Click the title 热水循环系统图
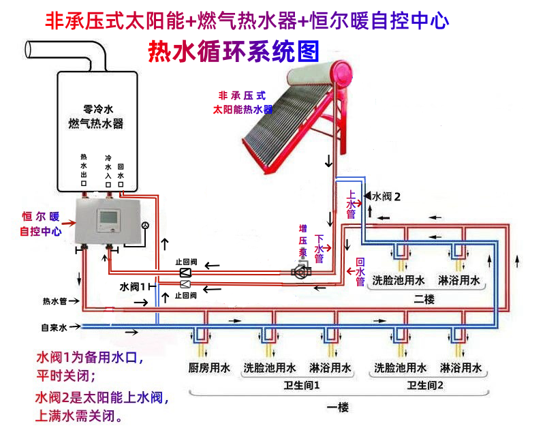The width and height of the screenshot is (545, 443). tap(234, 52)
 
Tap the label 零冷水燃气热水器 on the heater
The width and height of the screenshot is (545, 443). tap(96, 117)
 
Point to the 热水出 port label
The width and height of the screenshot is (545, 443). tap(84, 170)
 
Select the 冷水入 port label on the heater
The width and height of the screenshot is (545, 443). tap(108, 170)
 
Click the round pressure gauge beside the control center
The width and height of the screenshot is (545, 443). tap(144, 226)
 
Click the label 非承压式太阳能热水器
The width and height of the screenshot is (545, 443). tap(243, 103)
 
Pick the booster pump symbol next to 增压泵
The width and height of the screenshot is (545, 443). tap(300, 271)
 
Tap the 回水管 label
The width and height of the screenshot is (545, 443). tap(360, 272)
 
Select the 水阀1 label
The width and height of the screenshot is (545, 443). tap(134, 286)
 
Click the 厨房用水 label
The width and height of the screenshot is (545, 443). tap(207, 368)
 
